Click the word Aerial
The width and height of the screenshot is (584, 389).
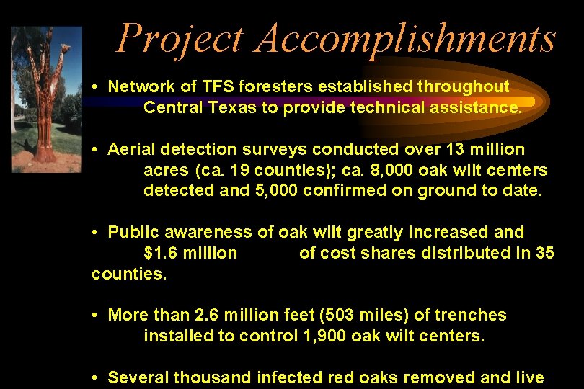(132, 149)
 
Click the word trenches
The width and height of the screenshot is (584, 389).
(472, 315)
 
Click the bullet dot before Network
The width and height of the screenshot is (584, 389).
(95, 86)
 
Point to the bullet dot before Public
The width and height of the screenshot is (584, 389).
(95, 232)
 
